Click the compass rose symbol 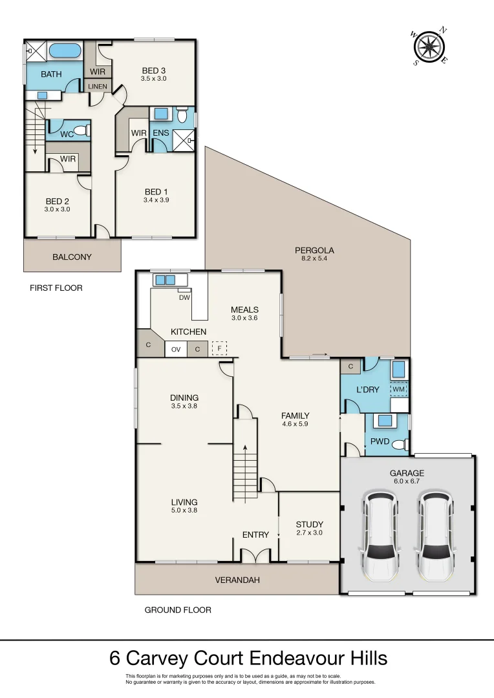tap(428, 47)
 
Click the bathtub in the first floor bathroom tap(64, 50)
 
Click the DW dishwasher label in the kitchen tap(184, 297)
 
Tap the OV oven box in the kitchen tap(175, 350)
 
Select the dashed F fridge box tap(220, 349)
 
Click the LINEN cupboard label tap(98, 86)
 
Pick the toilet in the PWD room tap(403, 445)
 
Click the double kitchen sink tap(164, 280)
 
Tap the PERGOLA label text tap(314, 250)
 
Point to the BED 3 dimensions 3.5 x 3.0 tap(154, 79)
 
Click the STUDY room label tap(309, 524)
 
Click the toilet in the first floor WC tap(81, 131)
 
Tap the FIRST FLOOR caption tap(56, 288)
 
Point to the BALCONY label tap(72, 257)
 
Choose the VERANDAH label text tap(237, 580)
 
